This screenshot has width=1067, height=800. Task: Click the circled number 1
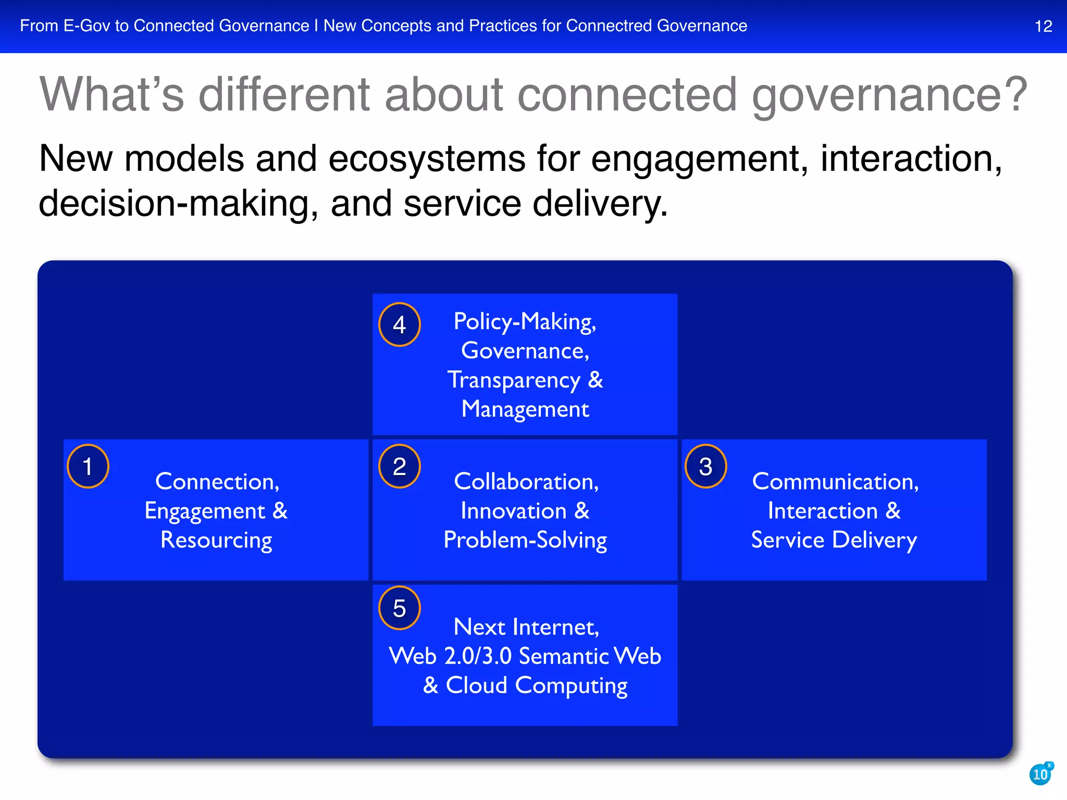click(x=88, y=466)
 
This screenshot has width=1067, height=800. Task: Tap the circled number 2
click(x=399, y=466)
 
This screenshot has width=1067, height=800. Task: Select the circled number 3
click(x=705, y=466)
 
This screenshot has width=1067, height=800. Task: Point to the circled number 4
click(x=399, y=324)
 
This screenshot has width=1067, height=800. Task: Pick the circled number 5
click(x=399, y=608)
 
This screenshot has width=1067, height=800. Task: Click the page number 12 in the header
click(x=1043, y=26)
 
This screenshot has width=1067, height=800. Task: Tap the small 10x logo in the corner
click(x=1040, y=774)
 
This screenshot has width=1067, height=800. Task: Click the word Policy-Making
click(x=524, y=321)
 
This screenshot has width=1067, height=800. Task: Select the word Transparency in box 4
click(x=513, y=380)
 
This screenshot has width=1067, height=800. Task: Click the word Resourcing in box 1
click(x=216, y=540)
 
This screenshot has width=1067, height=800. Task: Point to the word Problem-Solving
click(x=525, y=540)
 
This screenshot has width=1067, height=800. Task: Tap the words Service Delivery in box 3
click(x=834, y=540)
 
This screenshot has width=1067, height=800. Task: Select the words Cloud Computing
click(x=537, y=685)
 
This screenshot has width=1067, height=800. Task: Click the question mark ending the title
click(x=1015, y=94)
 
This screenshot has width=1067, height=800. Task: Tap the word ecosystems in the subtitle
click(x=427, y=158)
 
